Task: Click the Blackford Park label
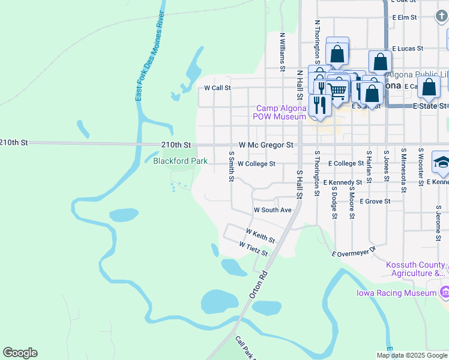tap(180, 161)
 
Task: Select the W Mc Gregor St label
tap(265, 145)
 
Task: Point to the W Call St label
tap(217, 88)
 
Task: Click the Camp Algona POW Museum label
tap(281, 112)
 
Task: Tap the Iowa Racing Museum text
tap(396, 293)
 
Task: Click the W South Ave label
tap(272, 211)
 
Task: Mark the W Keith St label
tap(260, 235)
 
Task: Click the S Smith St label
tap(231, 166)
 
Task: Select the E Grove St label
tap(375, 202)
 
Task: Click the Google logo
tap(20, 353)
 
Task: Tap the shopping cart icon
tap(338, 91)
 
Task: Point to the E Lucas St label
tap(408, 48)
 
